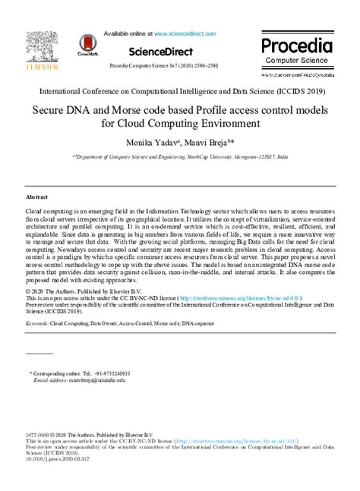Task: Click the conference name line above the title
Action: coord(180,90)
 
